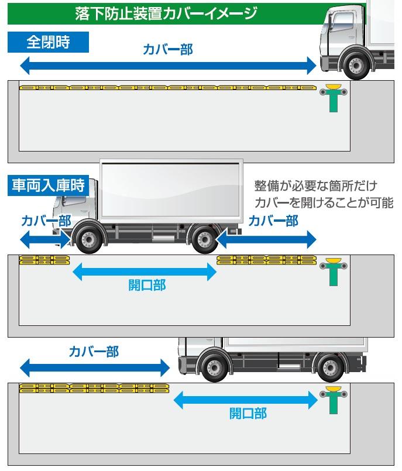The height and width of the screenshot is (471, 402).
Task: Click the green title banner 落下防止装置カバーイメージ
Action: pyautogui.click(x=167, y=13)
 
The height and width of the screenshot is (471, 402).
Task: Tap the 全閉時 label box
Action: pyautogui.click(x=49, y=42)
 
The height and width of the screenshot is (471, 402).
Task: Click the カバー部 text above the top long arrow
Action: pyautogui.click(x=167, y=50)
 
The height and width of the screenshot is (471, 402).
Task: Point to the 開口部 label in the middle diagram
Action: pyautogui.click(x=147, y=286)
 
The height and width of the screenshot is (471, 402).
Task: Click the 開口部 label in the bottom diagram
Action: pyautogui.click(x=248, y=414)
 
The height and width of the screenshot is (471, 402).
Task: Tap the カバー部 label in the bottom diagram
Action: pyautogui.click(x=94, y=352)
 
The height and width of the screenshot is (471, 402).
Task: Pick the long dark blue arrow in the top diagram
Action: pyautogui.click(x=167, y=66)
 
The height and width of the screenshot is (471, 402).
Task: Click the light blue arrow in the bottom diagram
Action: pyautogui.click(x=246, y=400)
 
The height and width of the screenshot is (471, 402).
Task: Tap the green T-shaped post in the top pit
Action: pyautogui.click(x=334, y=98)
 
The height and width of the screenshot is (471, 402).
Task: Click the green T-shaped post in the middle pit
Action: pyautogui.click(x=334, y=271)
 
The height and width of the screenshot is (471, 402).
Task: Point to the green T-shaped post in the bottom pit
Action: pyautogui.click(x=334, y=401)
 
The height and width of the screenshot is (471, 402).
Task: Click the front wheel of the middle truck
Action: pyautogui.click(x=88, y=239)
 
